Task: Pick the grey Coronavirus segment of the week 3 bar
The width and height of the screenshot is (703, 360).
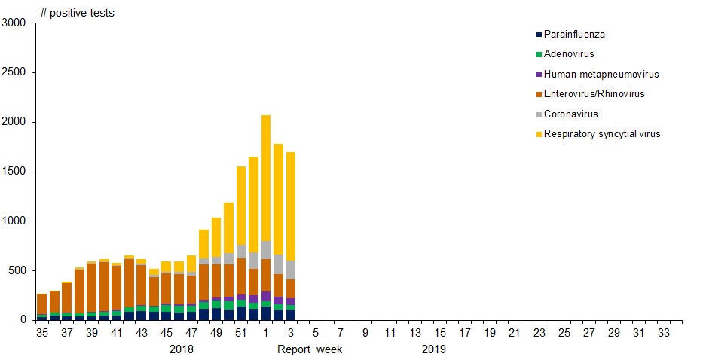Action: (x=291, y=270)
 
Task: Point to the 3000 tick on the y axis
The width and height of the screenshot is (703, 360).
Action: (x=14, y=23)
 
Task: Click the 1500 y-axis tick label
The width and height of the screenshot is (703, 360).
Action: (x=14, y=171)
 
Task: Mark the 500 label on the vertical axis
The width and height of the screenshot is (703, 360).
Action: (x=17, y=270)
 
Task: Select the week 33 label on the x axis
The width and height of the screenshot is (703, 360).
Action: (x=664, y=332)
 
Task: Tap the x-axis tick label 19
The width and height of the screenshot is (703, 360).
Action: (x=490, y=332)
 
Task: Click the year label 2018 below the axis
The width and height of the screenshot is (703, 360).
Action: (x=182, y=349)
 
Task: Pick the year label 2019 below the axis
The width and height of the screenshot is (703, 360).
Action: (x=434, y=349)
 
